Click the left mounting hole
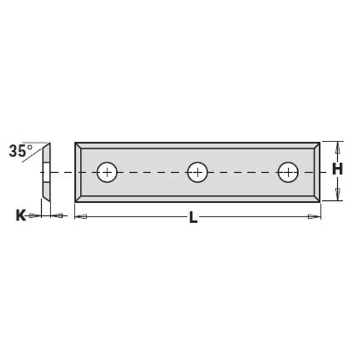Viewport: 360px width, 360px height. [x=106, y=172]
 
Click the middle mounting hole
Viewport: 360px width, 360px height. [x=196, y=172]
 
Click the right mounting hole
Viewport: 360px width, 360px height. [x=287, y=172]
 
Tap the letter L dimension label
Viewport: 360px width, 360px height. [x=193, y=218]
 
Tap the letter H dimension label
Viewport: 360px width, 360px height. [x=337, y=169]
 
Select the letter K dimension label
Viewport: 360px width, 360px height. [x=21, y=214]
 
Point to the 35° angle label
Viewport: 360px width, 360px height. [x=21, y=151]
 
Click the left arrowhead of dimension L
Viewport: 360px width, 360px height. [x=79, y=215]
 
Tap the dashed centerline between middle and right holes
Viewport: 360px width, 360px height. [x=242, y=172]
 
